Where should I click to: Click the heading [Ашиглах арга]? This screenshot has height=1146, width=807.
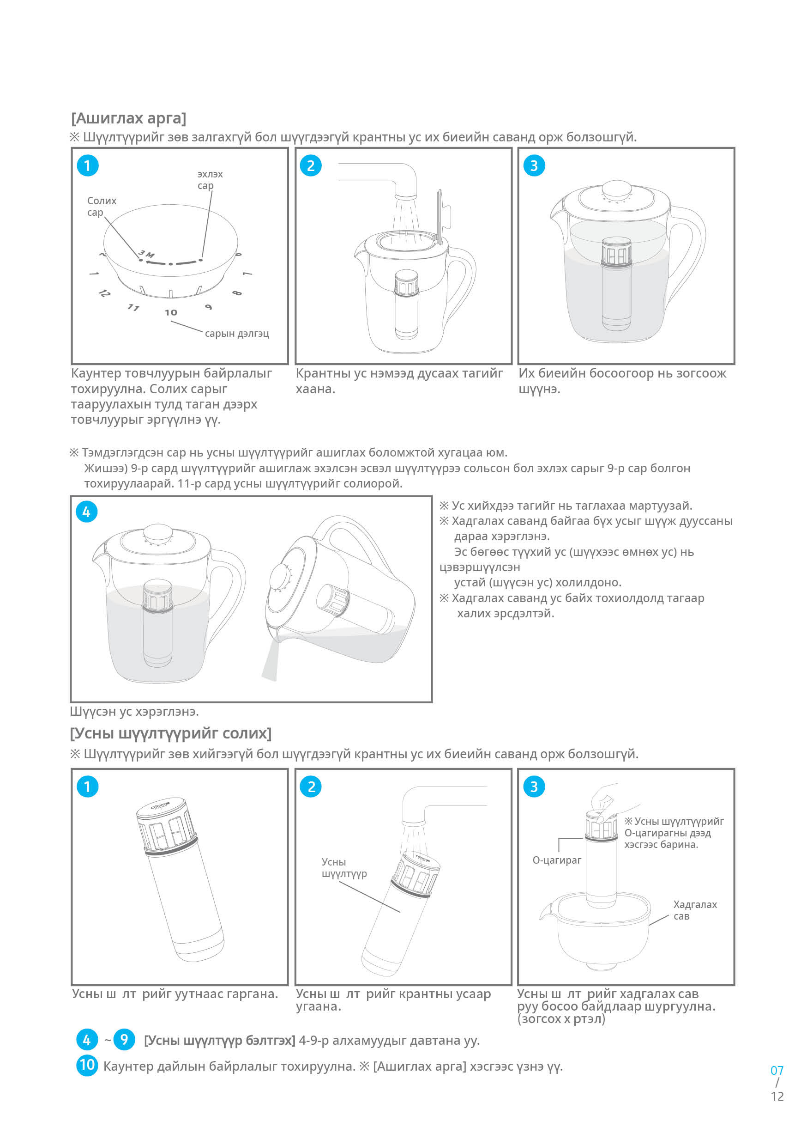(x=129, y=118)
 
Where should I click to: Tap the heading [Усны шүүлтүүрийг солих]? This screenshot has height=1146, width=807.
(x=170, y=733)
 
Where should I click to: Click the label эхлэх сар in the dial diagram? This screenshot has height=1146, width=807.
(x=210, y=180)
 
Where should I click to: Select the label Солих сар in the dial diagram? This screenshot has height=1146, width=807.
(x=102, y=206)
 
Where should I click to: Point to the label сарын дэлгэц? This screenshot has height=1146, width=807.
(x=237, y=334)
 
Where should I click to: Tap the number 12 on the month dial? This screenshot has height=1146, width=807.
(x=104, y=293)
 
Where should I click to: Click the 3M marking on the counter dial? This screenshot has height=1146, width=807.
(x=147, y=254)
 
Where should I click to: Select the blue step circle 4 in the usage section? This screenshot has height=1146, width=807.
(x=86, y=512)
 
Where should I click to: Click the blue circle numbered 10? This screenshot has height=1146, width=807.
(x=87, y=1065)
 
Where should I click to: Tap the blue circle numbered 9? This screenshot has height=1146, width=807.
(x=124, y=1040)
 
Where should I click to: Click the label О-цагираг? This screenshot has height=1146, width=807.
(x=557, y=860)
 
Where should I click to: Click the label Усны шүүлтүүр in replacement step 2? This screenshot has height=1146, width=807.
(x=343, y=867)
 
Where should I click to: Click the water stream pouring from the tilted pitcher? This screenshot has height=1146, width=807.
(x=270, y=661)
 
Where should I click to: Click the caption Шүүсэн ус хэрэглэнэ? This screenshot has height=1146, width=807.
(x=134, y=711)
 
